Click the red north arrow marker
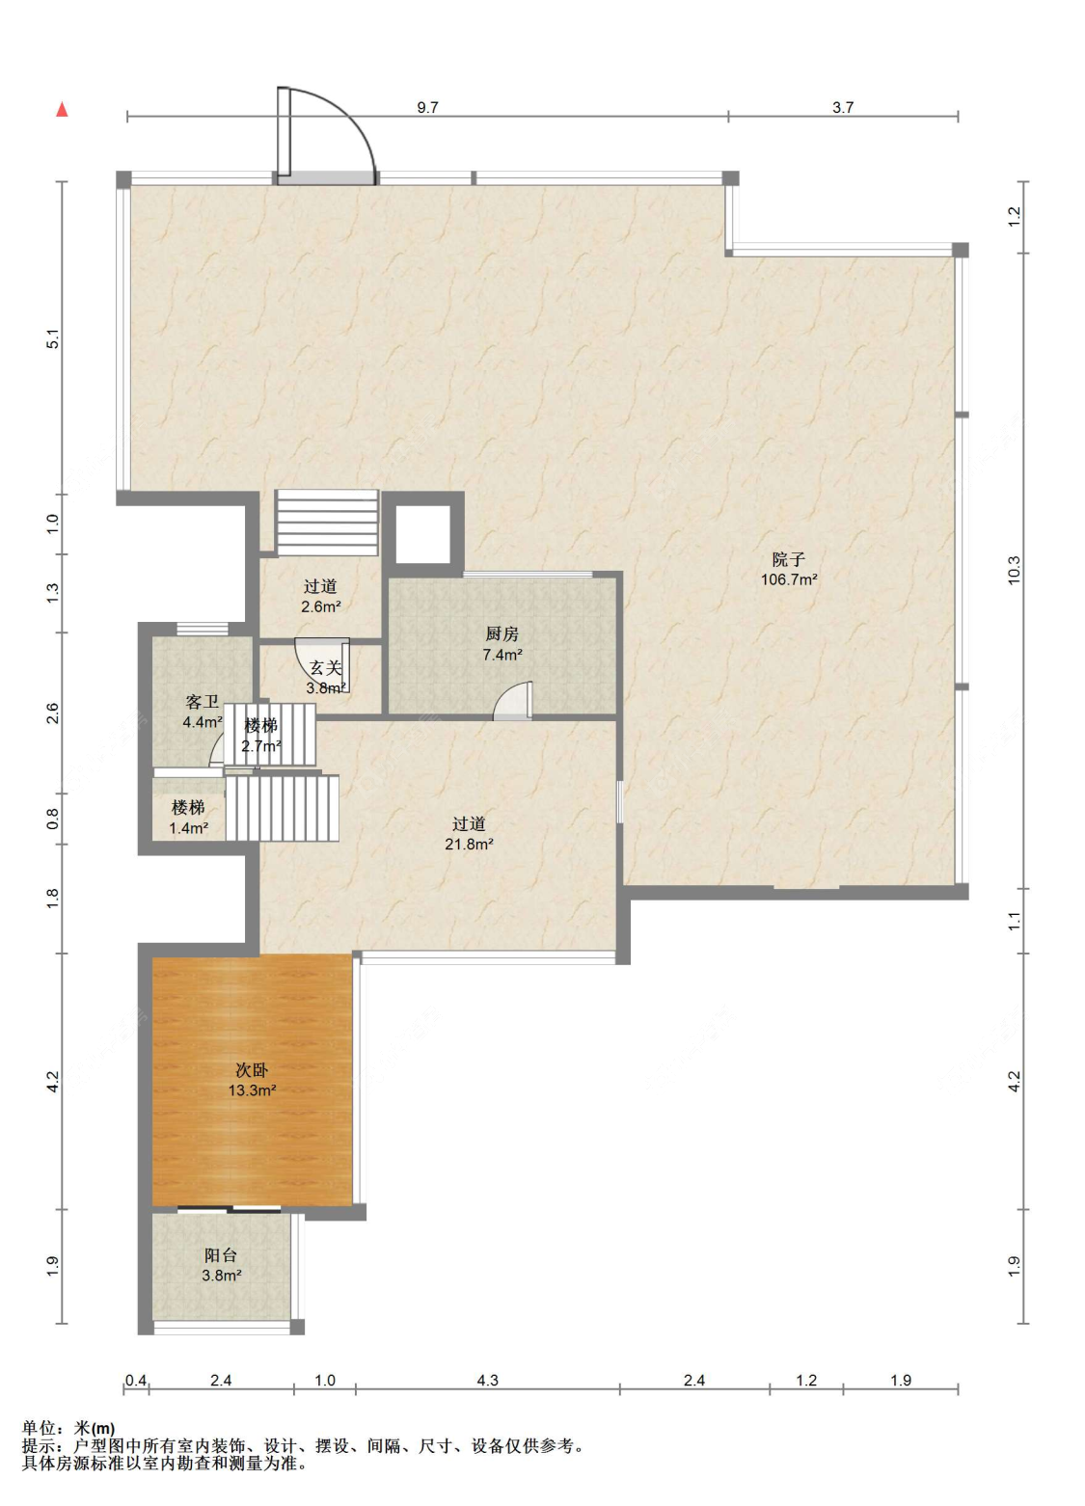tap(62, 109)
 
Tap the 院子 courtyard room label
tap(788, 559)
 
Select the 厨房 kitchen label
tap(502, 634)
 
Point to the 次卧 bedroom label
tap(252, 1069)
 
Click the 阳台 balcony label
tap(221, 1255)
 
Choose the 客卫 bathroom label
tap(202, 703)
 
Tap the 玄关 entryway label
tap(326, 668)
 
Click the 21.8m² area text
tap(469, 844)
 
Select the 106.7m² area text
tap(788, 579)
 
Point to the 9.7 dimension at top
tap(427, 108)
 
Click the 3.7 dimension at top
tap(843, 108)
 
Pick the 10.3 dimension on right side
tap(1015, 570)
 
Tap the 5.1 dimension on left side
tap(54, 338)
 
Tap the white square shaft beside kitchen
tap(422, 534)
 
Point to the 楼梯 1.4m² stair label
tap(188, 818)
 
